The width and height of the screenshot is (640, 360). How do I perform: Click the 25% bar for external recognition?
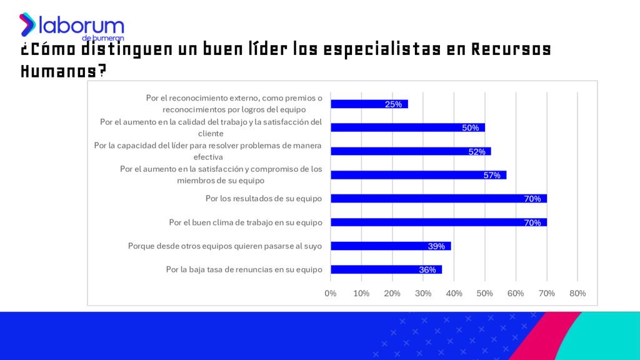pos(369,104)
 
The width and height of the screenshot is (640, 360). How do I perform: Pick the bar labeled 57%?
pos(418,175)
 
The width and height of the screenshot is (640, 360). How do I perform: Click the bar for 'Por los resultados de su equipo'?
pos(438,199)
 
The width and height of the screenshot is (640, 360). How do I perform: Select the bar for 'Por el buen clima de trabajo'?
pos(438,222)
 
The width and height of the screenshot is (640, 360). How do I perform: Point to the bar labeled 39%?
pos(391,246)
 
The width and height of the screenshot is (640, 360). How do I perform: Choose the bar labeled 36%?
pos(386,270)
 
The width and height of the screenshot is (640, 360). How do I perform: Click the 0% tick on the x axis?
pos(331,293)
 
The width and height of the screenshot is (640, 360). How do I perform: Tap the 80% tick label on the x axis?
pos(577,293)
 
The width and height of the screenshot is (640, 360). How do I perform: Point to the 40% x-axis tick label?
pos(454,293)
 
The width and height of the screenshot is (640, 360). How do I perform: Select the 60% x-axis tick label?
pos(516,293)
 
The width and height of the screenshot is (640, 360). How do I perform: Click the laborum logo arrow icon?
pos(27,24)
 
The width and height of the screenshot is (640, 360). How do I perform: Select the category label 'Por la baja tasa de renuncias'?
pos(244,270)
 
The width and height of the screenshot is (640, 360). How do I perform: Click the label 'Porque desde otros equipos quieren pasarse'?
pos(225,246)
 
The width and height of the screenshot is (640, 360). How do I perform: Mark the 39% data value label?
pos(436,246)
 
